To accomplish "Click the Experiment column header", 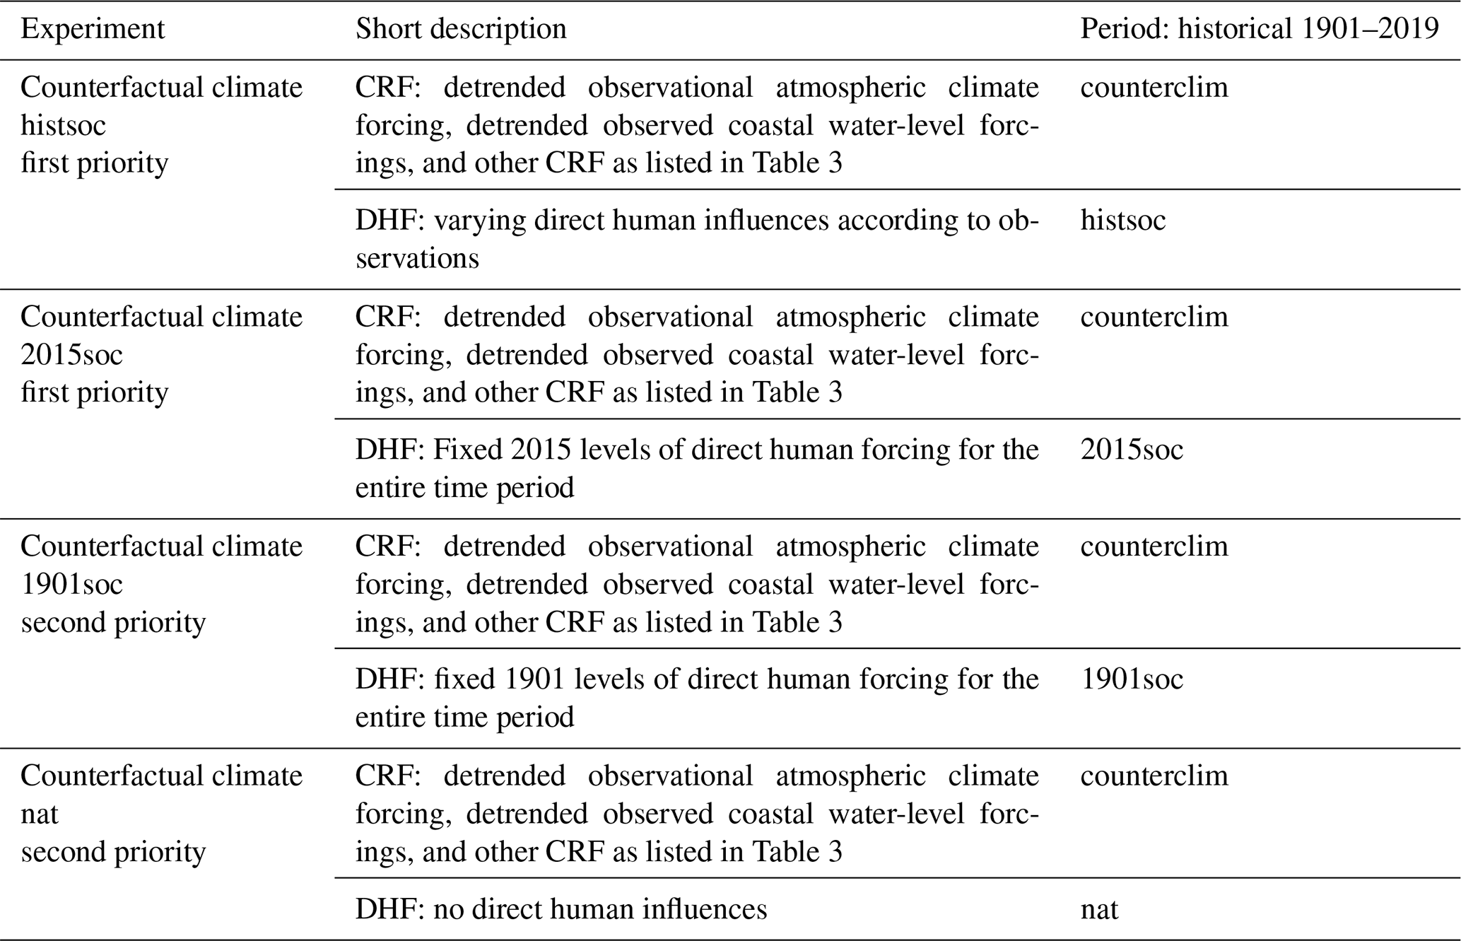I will (93, 30).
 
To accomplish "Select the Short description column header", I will (461, 30).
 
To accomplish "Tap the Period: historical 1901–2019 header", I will (1260, 30).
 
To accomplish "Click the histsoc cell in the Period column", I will (1123, 221).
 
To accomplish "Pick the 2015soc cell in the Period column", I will (1132, 450).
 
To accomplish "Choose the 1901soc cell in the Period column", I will (1132, 679).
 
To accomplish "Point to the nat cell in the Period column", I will (1099, 909).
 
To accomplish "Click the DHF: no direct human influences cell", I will (561, 909).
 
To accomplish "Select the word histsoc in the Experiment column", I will (63, 126).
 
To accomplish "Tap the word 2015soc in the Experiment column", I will (71, 355).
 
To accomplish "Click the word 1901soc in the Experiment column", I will (71, 585).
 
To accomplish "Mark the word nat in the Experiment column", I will (39, 814).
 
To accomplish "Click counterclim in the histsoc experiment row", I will (1154, 88).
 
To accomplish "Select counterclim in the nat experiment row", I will (1154, 776).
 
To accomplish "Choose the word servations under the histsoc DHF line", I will (417, 259).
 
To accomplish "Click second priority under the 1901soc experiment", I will (113, 623).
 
